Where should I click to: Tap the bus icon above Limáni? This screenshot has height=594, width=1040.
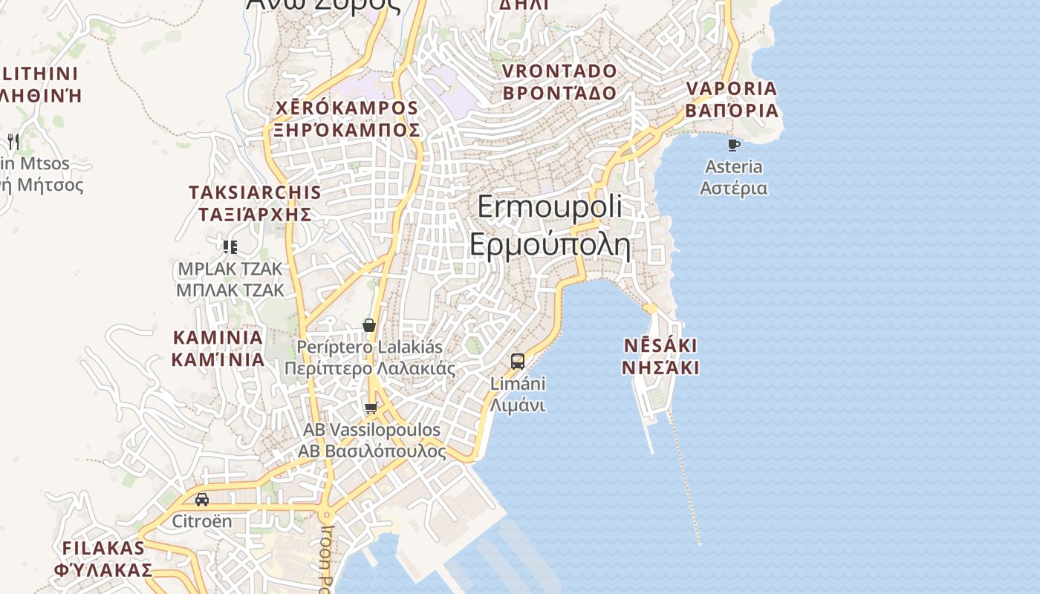[x=518, y=362]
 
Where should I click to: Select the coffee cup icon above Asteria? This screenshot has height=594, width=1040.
[x=734, y=145]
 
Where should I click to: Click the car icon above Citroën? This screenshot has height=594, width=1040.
[x=202, y=499]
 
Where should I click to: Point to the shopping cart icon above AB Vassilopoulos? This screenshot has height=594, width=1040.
[x=371, y=408]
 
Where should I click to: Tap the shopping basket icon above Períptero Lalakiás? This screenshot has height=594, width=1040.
[x=369, y=325]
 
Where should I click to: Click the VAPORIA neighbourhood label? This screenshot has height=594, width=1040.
[x=732, y=99]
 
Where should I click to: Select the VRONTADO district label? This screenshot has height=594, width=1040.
[x=560, y=82]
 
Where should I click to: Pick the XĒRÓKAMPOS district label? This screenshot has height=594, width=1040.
[x=347, y=119]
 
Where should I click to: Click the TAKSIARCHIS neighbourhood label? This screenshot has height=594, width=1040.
[x=255, y=203]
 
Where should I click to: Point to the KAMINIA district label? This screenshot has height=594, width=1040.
[x=218, y=348]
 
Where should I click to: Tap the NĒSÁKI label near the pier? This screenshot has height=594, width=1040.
[x=660, y=356]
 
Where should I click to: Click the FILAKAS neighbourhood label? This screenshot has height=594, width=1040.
[x=103, y=559]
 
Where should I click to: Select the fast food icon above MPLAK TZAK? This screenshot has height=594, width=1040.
[x=230, y=247]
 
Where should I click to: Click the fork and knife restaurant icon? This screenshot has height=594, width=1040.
[x=13, y=141]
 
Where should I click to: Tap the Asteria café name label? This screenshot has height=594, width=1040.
[x=734, y=177]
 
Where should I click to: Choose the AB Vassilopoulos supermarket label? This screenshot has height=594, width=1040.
[x=371, y=440]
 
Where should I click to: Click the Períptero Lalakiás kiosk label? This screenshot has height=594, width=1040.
[x=370, y=357]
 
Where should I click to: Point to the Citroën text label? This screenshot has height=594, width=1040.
[x=202, y=521]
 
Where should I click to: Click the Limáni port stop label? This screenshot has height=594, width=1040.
[x=518, y=394]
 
